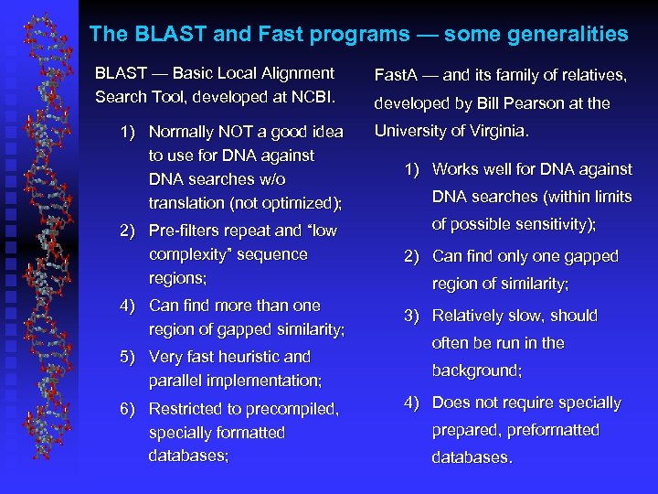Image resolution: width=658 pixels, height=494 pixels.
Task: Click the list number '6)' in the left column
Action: pos(129,409)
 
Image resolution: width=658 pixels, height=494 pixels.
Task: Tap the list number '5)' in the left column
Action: pos(129,357)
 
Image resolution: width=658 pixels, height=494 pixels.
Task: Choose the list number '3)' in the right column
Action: pos(412,316)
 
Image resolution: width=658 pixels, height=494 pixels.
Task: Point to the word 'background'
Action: pos(476,370)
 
